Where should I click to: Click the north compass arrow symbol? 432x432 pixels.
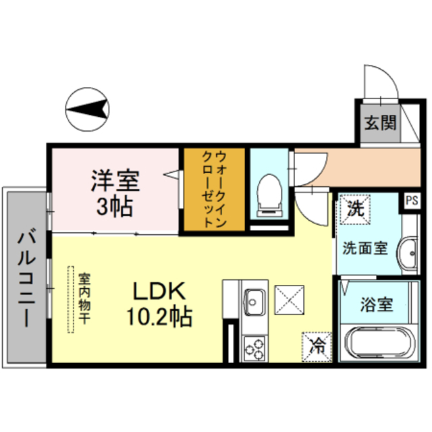coord(88,108)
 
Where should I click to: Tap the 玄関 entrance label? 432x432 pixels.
coord(381,123)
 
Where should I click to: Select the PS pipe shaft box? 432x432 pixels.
coord(411,200)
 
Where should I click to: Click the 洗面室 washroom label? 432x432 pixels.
coord(364,247)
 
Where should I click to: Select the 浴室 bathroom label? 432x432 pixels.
coord(376,304)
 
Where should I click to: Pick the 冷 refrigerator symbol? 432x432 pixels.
coord(317,346)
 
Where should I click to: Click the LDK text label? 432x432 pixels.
coord(158,291)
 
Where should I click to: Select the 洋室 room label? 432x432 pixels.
coord(115,182)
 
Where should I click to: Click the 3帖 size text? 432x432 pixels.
coord(113,206)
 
